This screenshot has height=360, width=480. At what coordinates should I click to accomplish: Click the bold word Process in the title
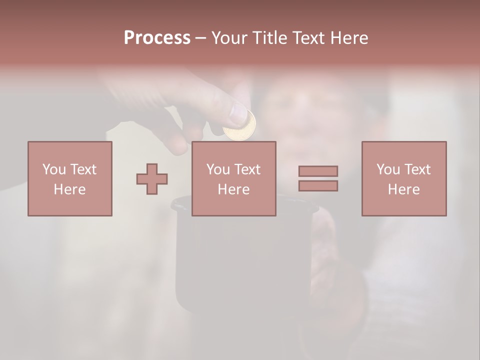157,38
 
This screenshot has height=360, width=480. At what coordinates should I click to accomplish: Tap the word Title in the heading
269,38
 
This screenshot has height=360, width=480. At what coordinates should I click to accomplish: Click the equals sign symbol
318,178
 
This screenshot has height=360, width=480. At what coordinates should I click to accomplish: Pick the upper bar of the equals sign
318,171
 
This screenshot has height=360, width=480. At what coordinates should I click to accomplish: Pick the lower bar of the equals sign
318,186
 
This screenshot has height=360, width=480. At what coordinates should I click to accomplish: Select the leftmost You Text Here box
70,178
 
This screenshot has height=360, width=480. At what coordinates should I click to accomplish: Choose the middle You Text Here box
233,178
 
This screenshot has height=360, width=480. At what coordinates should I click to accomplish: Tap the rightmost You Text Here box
404,178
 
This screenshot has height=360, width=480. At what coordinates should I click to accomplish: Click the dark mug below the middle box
240,260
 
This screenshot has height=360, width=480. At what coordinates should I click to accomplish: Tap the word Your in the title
230,38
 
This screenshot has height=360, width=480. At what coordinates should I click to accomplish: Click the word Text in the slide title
308,38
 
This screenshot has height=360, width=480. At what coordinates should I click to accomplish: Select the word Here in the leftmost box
70,189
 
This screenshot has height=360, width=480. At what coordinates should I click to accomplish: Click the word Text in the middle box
248,169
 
